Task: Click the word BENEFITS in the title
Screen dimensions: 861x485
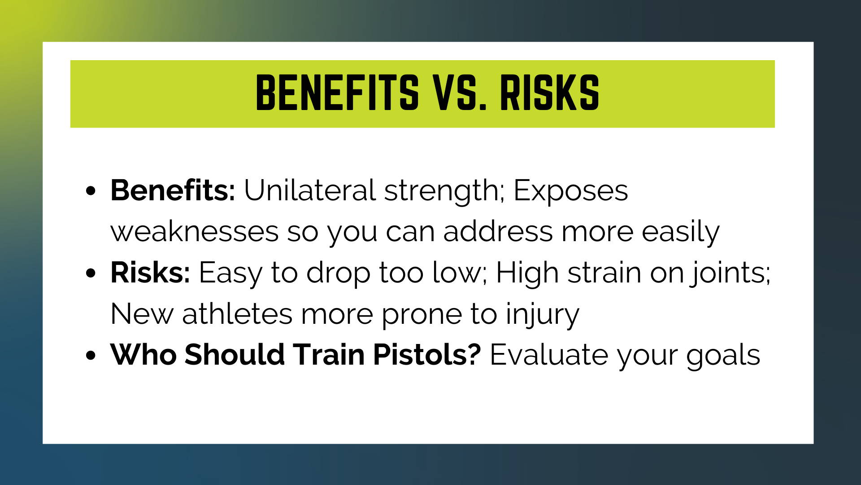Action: coord(337,93)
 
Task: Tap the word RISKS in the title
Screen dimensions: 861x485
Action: coord(550,93)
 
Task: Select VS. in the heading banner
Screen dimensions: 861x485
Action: coord(460,93)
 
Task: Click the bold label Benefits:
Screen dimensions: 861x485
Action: coord(173,190)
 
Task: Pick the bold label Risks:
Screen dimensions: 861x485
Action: coord(150,273)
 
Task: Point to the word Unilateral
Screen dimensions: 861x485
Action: coord(310,190)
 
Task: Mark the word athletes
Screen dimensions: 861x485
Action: coord(237,314)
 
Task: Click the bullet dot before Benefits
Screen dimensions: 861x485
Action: coord(91,191)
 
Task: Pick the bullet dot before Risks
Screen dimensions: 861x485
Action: coord(91,273)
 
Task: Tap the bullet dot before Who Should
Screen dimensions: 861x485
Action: coord(91,356)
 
